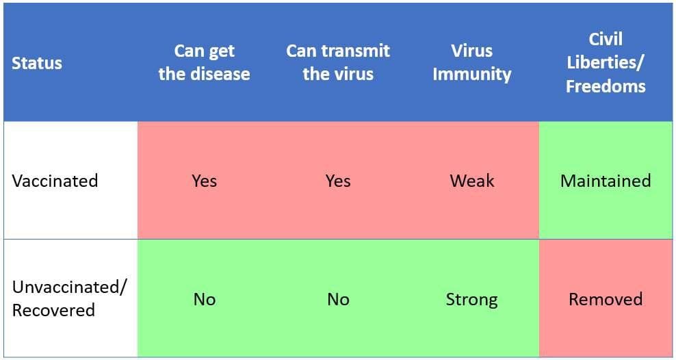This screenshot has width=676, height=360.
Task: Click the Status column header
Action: coord(37,63)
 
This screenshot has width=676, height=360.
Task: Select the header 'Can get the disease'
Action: coord(205,62)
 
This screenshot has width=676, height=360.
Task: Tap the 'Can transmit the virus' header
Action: coord(338,62)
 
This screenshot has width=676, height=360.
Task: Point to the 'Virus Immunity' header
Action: coord(472,62)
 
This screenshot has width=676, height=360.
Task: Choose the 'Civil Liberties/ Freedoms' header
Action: coord(606,62)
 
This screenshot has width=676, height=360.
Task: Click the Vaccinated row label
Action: coord(55,180)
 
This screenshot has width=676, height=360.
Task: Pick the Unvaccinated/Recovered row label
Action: coord(69,298)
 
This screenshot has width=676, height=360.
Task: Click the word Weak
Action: coord(472,180)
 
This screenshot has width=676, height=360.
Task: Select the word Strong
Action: coord(472,299)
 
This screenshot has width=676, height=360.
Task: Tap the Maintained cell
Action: coord(606,180)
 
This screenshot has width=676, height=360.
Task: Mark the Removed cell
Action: coord(606,299)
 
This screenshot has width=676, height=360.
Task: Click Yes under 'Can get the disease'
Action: coord(205,180)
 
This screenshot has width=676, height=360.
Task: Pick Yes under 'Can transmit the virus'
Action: coord(338,180)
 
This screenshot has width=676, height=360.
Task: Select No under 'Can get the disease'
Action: coord(205,299)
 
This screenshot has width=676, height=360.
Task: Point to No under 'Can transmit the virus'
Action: coord(338,299)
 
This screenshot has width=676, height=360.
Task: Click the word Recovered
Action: coord(53,310)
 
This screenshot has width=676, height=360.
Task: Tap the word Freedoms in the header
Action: coord(606,86)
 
